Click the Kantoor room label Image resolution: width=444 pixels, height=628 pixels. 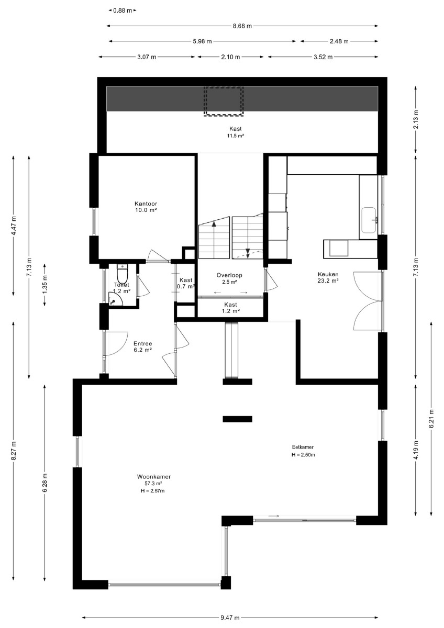pos(146,204)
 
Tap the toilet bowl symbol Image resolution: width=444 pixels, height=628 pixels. pos(122,274)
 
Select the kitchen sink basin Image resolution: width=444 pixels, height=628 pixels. pos(369,220)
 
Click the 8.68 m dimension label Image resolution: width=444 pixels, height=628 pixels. pos(242,26)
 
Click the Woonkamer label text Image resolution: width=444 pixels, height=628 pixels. pos(154,476)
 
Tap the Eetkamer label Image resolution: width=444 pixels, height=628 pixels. pos(303,447)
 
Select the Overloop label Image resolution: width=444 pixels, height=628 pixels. pos(229,275)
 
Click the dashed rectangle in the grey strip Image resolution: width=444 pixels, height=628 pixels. pos(224,101)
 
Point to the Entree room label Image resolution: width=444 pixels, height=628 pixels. pos(143,343)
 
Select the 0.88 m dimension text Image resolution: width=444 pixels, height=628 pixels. pos(123,10)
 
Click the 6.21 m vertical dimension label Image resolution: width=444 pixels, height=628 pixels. pos(431,418)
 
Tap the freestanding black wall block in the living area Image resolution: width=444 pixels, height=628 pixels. pos(237,419)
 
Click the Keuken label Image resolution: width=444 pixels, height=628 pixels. pos(328,274)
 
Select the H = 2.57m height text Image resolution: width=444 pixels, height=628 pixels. pos(152,491)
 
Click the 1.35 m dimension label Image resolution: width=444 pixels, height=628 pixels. pos(45,285)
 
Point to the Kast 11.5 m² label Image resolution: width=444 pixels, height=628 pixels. pos(235,132)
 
